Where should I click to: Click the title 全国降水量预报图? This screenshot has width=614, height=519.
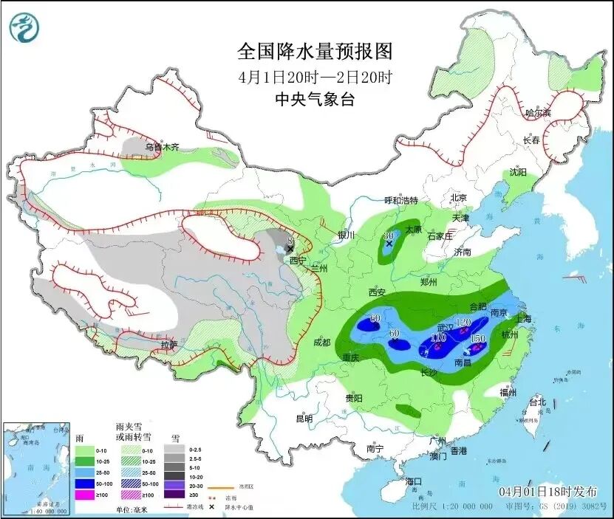314,52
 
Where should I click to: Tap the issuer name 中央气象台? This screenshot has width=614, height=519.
314,100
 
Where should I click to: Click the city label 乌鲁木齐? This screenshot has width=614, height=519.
162,147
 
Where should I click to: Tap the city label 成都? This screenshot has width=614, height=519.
321,342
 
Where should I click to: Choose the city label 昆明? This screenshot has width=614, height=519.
304,419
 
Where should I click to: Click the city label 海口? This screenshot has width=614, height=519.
415,481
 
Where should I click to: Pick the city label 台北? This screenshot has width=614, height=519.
536,402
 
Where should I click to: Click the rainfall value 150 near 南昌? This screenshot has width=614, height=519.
477,338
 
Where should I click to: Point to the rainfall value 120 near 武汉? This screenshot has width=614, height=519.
463,323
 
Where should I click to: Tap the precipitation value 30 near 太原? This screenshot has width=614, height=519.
389,236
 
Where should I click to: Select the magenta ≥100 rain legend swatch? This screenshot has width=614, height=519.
85,494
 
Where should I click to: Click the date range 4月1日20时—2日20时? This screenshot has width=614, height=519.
314,77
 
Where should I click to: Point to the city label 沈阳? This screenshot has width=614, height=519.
518,173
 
